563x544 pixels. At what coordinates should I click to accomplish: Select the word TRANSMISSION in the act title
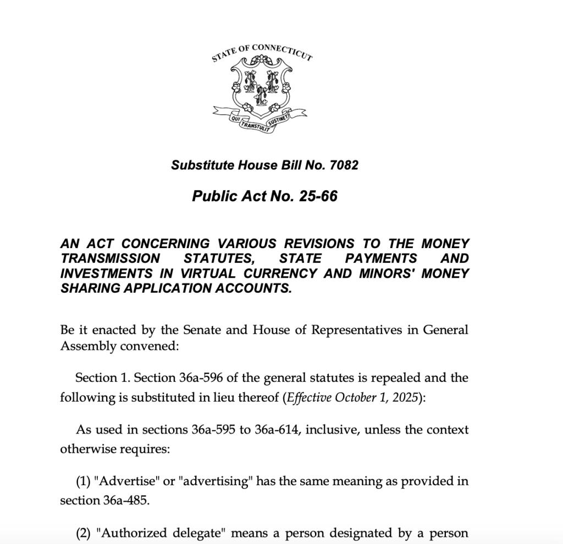111,259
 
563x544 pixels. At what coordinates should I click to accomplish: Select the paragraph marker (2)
84,533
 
